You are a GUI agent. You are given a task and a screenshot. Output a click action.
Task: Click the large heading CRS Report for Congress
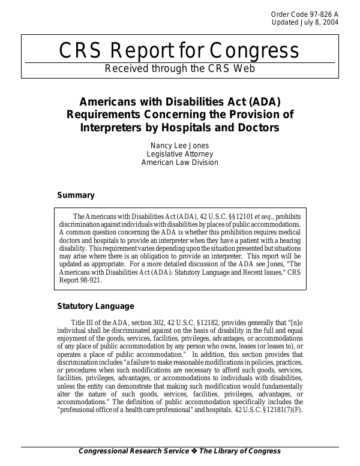click(179, 51)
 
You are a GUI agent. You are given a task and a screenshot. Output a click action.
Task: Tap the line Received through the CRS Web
click(179, 68)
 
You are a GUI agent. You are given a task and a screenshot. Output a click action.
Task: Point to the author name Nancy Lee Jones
click(179, 145)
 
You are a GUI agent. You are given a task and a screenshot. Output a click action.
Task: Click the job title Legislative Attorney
click(179, 154)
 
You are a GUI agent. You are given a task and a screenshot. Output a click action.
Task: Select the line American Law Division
click(179, 162)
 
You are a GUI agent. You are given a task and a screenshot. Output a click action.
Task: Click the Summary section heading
click(76, 195)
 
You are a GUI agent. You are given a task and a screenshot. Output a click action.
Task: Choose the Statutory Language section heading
click(95, 306)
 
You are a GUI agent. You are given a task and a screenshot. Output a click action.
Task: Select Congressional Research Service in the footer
click(134, 451)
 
